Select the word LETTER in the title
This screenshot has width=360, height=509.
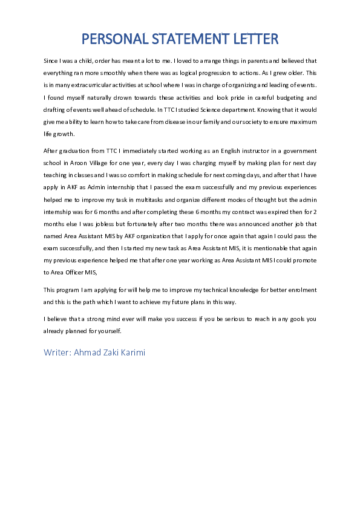point(256,39)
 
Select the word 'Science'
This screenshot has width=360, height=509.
point(215,110)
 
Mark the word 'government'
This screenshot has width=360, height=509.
point(297,151)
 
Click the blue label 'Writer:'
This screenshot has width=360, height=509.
point(57,352)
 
